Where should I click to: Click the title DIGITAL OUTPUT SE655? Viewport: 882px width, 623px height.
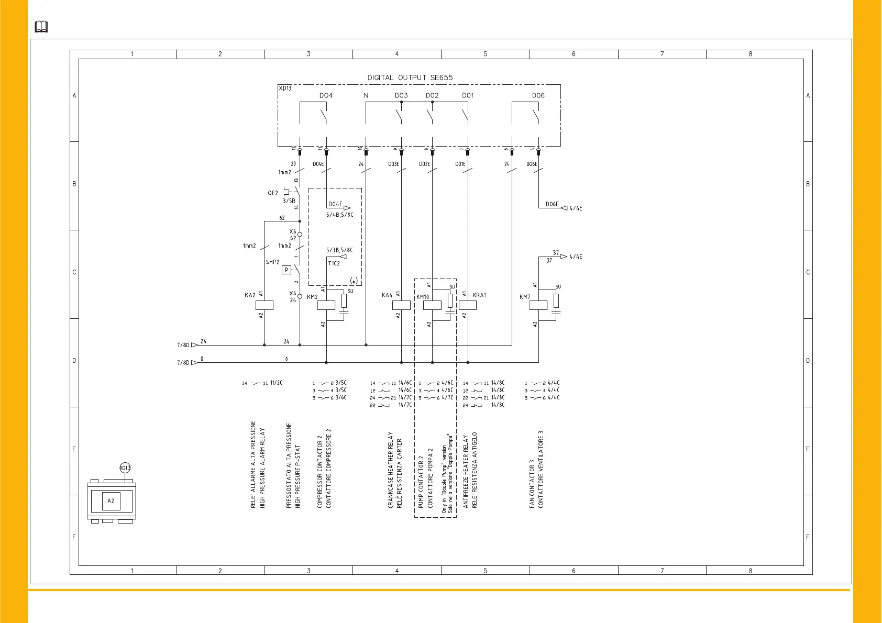pos(410,77)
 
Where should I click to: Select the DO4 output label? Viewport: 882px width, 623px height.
pos(326,95)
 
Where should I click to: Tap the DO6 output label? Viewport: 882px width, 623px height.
pos(538,95)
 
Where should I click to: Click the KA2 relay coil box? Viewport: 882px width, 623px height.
pos(264,305)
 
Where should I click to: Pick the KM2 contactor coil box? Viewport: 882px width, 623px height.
pos(326,305)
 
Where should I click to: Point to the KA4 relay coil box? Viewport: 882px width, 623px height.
pos(401,305)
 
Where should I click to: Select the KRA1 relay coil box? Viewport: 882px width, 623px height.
pos(467,305)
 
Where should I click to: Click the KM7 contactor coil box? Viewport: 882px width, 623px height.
pos(538,305)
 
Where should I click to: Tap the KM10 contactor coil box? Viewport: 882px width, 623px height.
pos(432,305)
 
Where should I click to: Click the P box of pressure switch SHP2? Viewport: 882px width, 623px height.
pos(286,270)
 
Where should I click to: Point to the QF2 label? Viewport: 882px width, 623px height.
pos(273,193)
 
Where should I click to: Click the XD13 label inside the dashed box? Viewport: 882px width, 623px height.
pos(285,88)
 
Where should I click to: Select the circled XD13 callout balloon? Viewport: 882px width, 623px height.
pos(125,468)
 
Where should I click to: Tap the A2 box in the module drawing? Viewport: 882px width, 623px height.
pos(111,501)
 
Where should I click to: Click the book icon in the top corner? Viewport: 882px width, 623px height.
pos(41,27)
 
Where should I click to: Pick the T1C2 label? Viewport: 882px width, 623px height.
pos(334,263)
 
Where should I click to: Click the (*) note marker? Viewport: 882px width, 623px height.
pos(354,281)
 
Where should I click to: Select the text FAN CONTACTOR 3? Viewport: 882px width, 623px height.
pos(532,484)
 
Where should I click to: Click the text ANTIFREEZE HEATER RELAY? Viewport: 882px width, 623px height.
pos(466,471)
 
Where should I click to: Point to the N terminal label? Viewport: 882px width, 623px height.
pos(366,95)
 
